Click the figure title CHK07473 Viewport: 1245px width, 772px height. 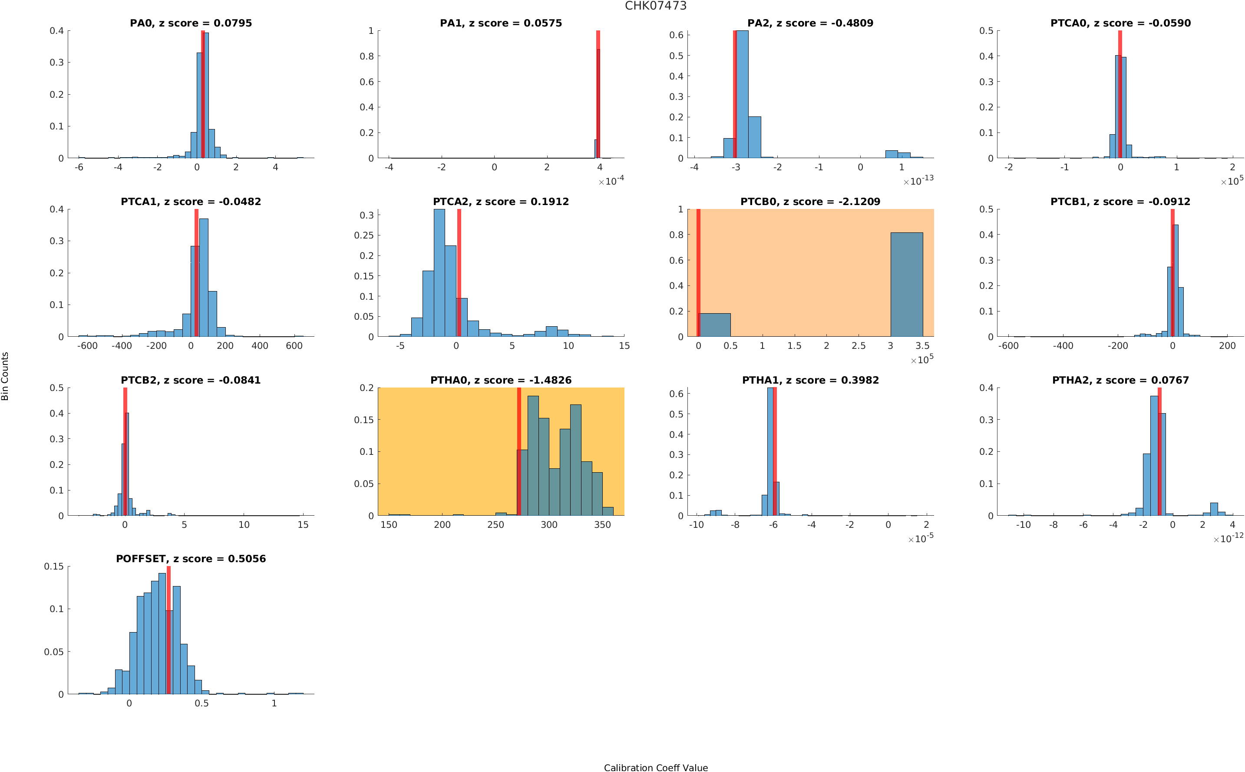click(x=655, y=6)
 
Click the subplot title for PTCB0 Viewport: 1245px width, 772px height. click(x=810, y=202)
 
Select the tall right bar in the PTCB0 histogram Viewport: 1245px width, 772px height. click(x=906, y=285)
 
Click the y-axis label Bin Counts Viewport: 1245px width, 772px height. click(x=5, y=376)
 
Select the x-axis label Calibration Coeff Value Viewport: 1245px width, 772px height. click(x=655, y=767)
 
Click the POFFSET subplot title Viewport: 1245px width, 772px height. click(x=191, y=559)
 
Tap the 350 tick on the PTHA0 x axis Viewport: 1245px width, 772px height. click(x=602, y=525)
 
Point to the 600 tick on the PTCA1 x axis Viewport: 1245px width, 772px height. click(x=294, y=346)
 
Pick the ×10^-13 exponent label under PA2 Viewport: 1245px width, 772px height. click(x=918, y=181)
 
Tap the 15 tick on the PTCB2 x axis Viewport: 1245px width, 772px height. click(x=303, y=525)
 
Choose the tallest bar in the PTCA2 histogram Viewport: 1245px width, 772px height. click(x=439, y=273)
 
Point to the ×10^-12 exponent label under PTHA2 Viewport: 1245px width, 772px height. click(x=1228, y=538)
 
